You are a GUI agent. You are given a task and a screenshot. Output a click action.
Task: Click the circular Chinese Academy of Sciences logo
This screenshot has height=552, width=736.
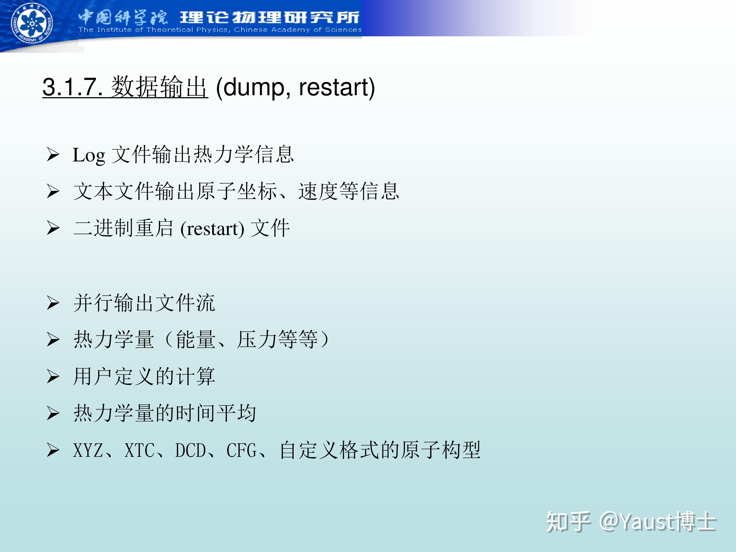[32, 23]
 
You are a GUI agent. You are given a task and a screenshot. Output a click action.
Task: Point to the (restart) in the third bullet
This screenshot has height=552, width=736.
[212, 229]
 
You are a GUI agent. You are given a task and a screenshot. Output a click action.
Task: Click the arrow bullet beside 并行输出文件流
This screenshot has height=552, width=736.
[53, 303]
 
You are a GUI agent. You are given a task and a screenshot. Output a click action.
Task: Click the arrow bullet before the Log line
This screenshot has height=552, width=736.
[53, 155]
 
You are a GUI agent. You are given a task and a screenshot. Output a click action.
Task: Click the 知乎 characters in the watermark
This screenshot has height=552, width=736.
[568, 521]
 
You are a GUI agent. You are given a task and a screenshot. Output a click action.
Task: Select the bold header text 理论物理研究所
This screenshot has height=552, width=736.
[270, 17]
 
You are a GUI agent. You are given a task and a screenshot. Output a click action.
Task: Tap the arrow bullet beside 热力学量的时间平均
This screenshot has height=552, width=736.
[53, 414]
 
